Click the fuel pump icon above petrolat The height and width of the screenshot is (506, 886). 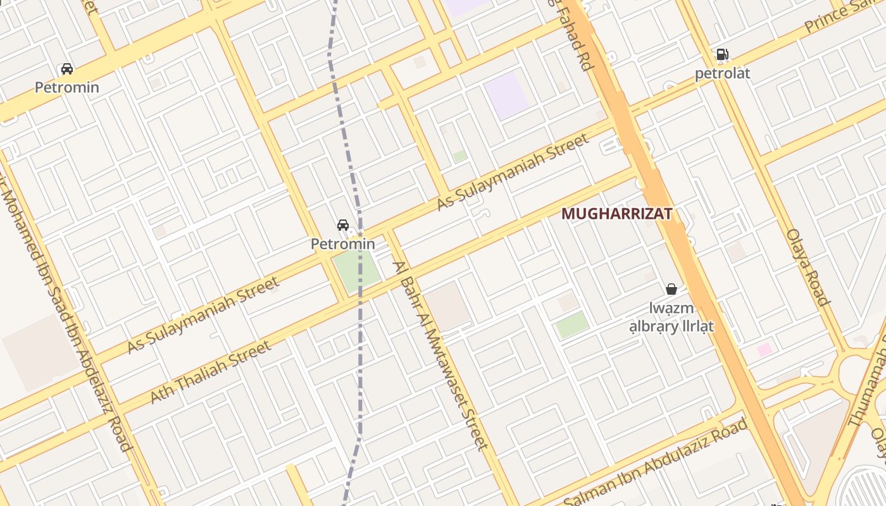(722, 54)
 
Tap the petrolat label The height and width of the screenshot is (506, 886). (722, 73)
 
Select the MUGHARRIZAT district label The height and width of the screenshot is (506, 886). (616, 214)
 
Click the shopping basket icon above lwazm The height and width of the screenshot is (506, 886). (671, 289)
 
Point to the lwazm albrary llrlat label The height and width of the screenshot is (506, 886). (671, 317)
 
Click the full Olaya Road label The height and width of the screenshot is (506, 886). (808, 267)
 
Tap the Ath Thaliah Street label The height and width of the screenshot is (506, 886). (211, 372)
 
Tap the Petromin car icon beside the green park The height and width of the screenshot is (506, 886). (343, 225)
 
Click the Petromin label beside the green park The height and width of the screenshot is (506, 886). (343, 244)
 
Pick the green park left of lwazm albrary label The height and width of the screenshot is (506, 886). (572, 324)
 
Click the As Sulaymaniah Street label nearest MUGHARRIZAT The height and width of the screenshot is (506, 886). (513, 173)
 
